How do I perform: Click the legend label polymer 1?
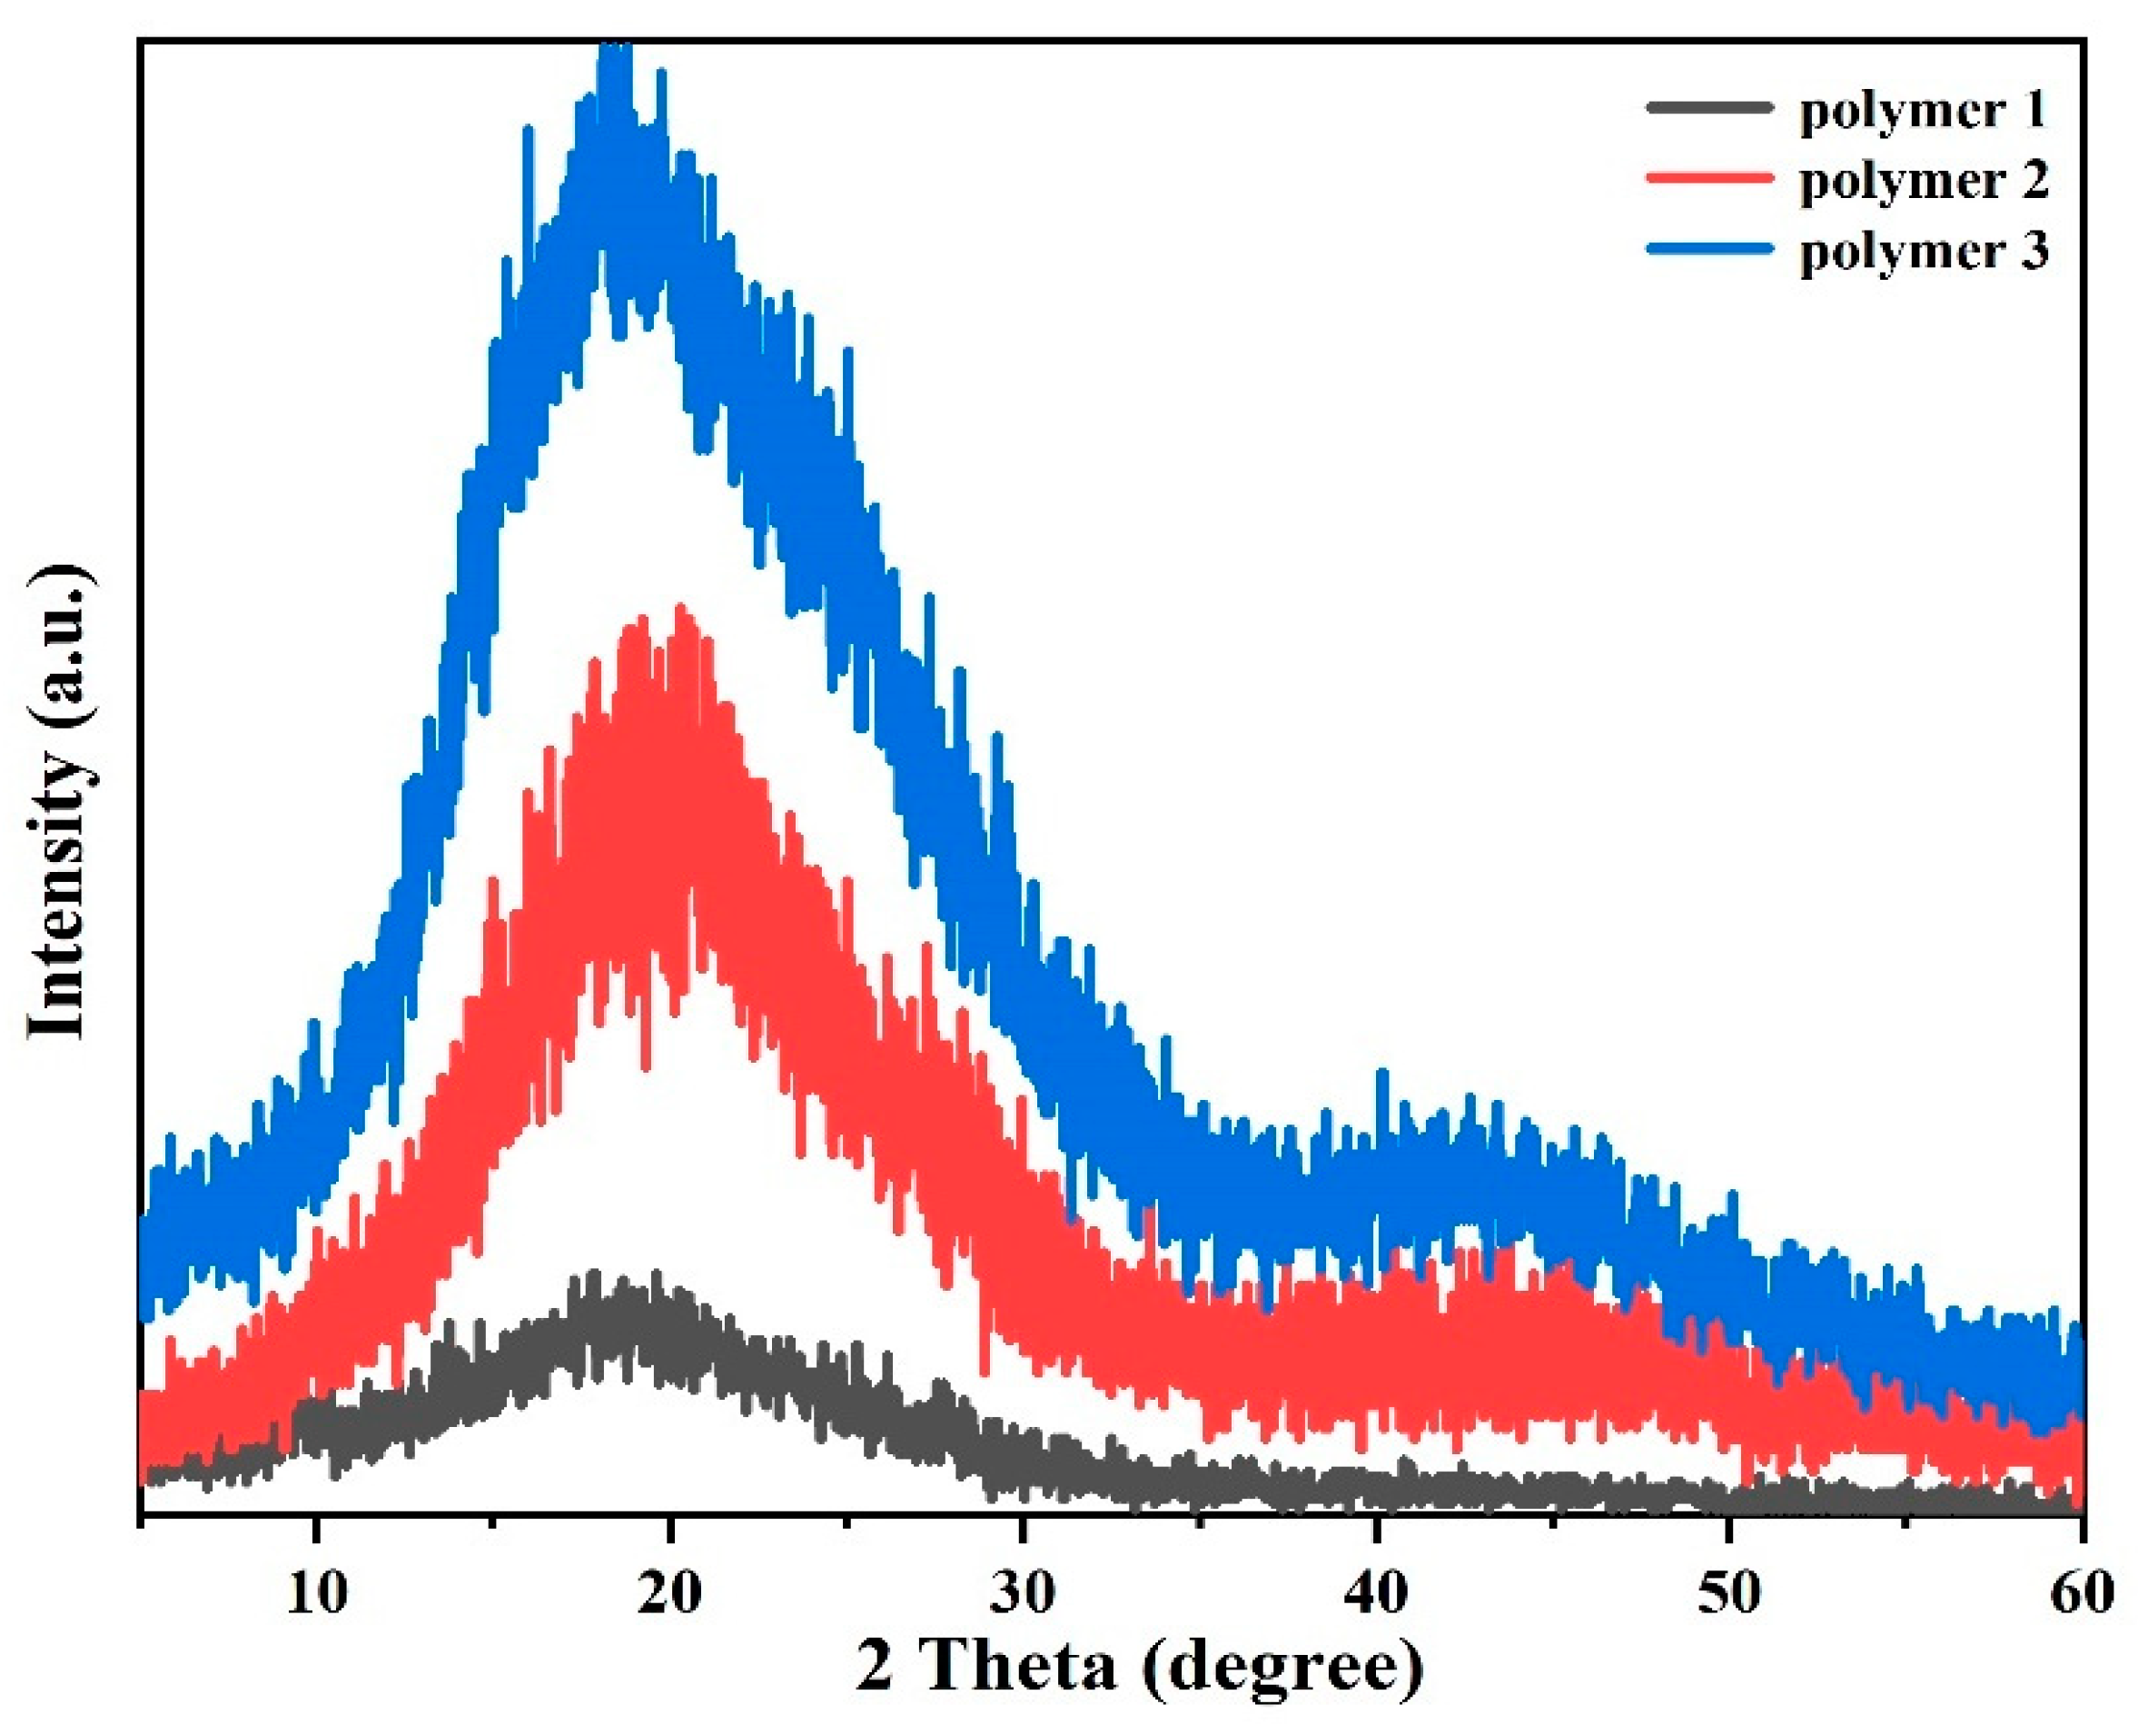click(x=1924, y=109)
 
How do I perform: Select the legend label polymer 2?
click(x=1924, y=181)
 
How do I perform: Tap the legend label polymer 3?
click(x=1924, y=253)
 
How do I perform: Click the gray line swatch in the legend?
click(x=1709, y=106)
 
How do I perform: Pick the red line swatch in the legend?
click(x=1709, y=178)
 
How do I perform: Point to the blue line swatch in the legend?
click(x=1709, y=249)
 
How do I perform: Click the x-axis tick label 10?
click(x=317, y=1593)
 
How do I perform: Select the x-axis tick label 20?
click(x=670, y=1593)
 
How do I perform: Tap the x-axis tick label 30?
click(x=1023, y=1593)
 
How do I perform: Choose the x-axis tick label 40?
click(x=1376, y=1593)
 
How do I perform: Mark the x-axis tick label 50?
click(x=1729, y=1593)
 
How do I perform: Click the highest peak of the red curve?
click(x=681, y=608)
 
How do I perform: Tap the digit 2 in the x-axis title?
click(x=875, y=1669)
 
